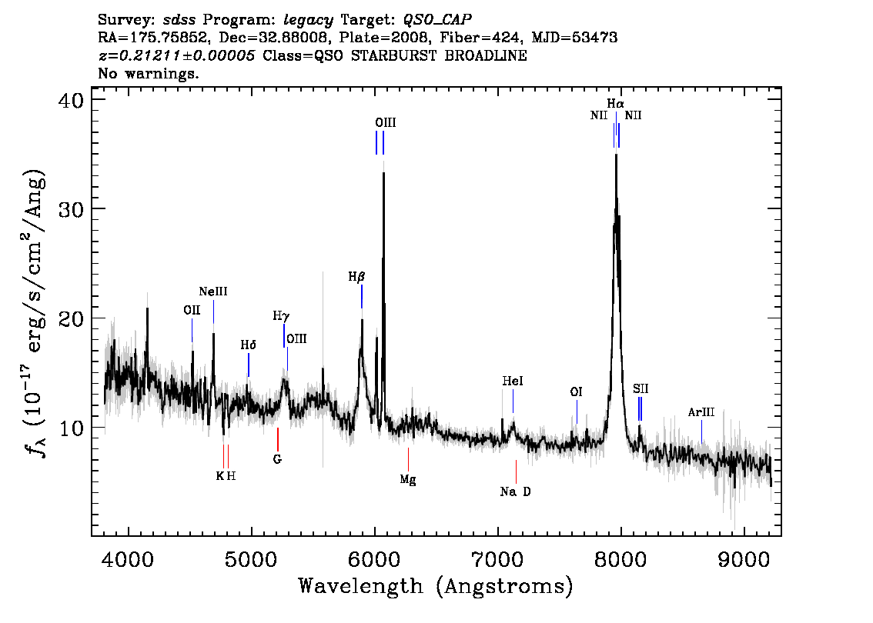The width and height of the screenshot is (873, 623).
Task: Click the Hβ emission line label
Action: (357, 277)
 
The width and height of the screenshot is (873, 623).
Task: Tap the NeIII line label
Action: (213, 292)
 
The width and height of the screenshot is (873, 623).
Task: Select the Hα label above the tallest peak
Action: (615, 104)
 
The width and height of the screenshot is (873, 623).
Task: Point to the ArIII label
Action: (701, 412)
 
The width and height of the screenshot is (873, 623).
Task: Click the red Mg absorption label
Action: (408, 479)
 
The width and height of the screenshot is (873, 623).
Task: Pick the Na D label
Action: (516, 491)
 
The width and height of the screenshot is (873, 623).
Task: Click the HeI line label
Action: (513, 381)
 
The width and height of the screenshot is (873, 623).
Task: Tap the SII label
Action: (641, 389)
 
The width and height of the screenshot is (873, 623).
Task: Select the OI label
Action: (577, 392)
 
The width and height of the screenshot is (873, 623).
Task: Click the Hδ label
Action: (249, 345)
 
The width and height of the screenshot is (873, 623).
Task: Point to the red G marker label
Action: (277, 459)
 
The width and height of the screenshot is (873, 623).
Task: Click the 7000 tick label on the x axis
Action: (497, 559)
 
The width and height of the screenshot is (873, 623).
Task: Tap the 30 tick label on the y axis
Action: (71, 209)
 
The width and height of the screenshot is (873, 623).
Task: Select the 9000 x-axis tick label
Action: (742, 559)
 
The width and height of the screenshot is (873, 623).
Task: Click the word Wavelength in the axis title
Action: (361, 586)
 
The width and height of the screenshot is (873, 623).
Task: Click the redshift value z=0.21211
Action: (140, 55)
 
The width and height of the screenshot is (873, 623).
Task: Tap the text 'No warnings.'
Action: (148, 73)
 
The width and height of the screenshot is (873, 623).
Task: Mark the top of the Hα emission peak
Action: (616, 155)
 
